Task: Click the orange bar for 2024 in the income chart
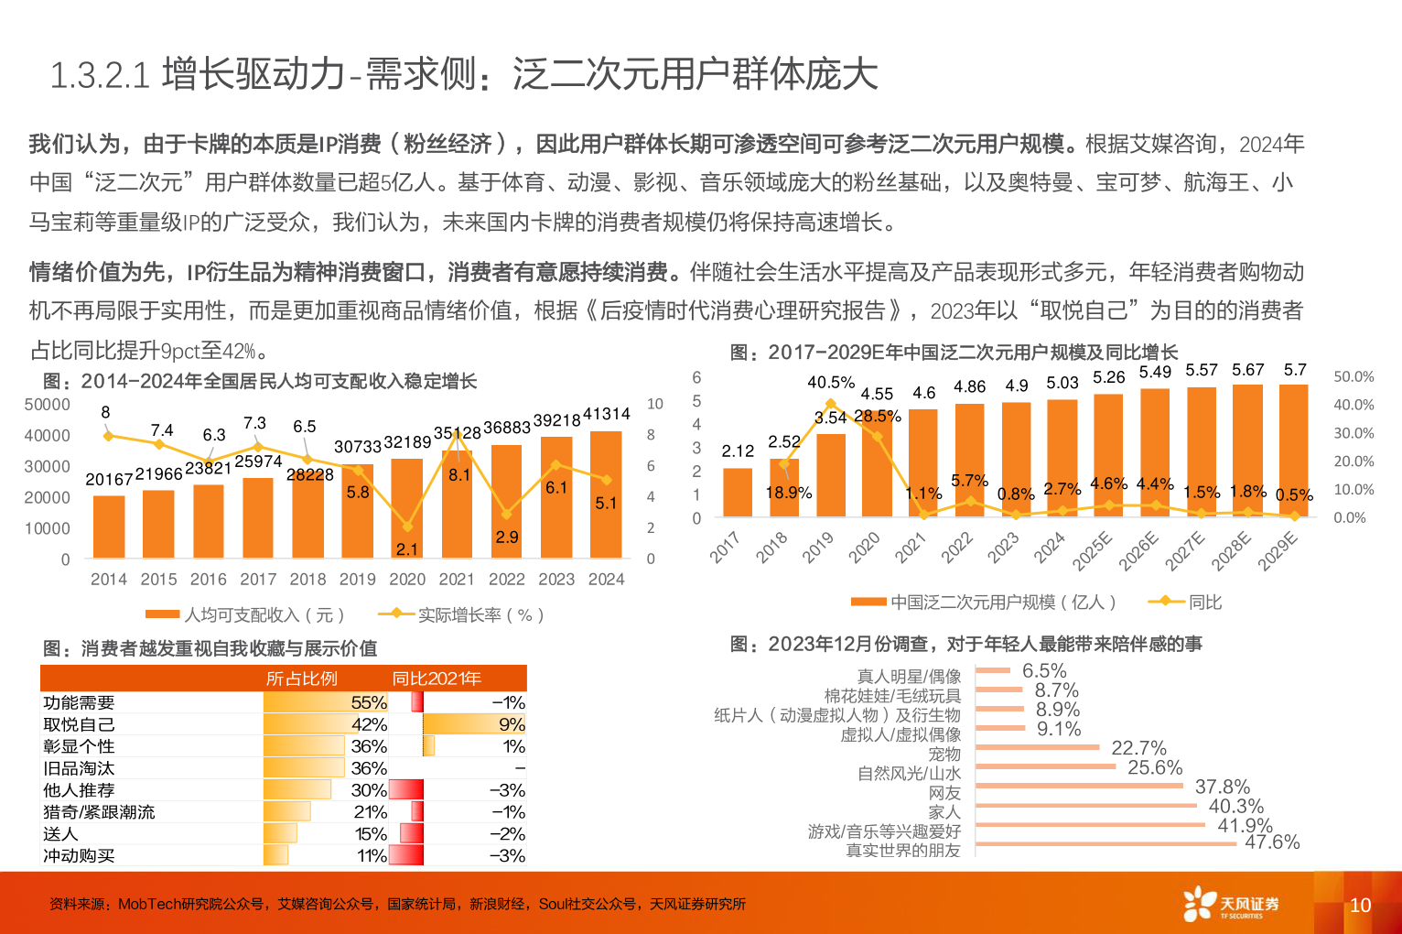click(x=606, y=494)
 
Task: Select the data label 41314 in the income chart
click(x=606, y=414)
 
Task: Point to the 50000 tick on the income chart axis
click(x=47, y=405)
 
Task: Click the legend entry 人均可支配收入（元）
click(x=245, y=615)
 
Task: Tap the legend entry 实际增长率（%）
click(x=463, y=615)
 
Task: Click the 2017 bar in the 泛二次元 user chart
click(x=738, y=493)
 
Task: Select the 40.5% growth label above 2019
click(x=831, y=383)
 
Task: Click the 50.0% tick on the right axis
click(x=1353, y=377)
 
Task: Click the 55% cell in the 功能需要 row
click(x=369, y=702)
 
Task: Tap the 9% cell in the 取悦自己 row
click(x=512, y=724)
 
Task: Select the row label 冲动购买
click(x=79, y=856)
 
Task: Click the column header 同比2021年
click(x=437, y=679)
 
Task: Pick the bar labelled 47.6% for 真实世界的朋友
click(x=1105, y=843)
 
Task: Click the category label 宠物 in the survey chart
click(x=944, y=755)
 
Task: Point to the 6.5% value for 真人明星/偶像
click(x=1044, y=671)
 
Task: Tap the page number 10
click(x=1360, y=906)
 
